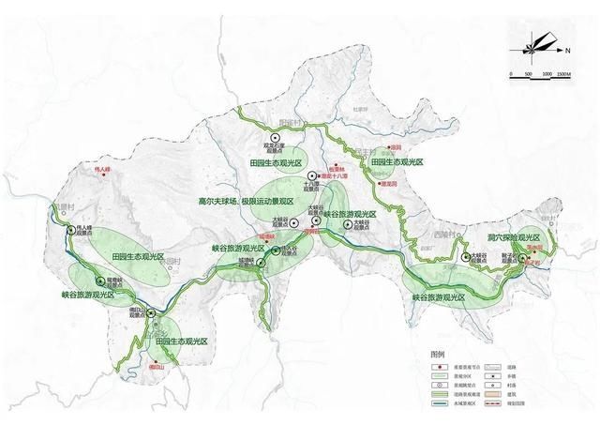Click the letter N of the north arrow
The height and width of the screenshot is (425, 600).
pos(568,45)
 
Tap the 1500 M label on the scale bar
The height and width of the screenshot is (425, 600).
pos(562,74)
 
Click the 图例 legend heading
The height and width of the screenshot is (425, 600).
pos(437,356)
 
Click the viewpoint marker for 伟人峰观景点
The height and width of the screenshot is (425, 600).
pos(70,224)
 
